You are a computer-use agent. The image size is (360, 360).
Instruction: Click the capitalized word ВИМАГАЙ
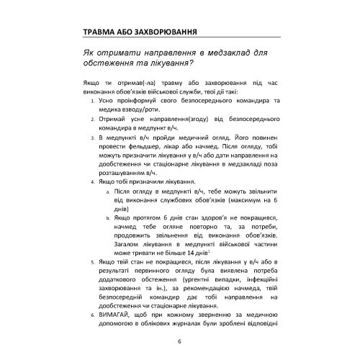(x=117, y=316)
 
